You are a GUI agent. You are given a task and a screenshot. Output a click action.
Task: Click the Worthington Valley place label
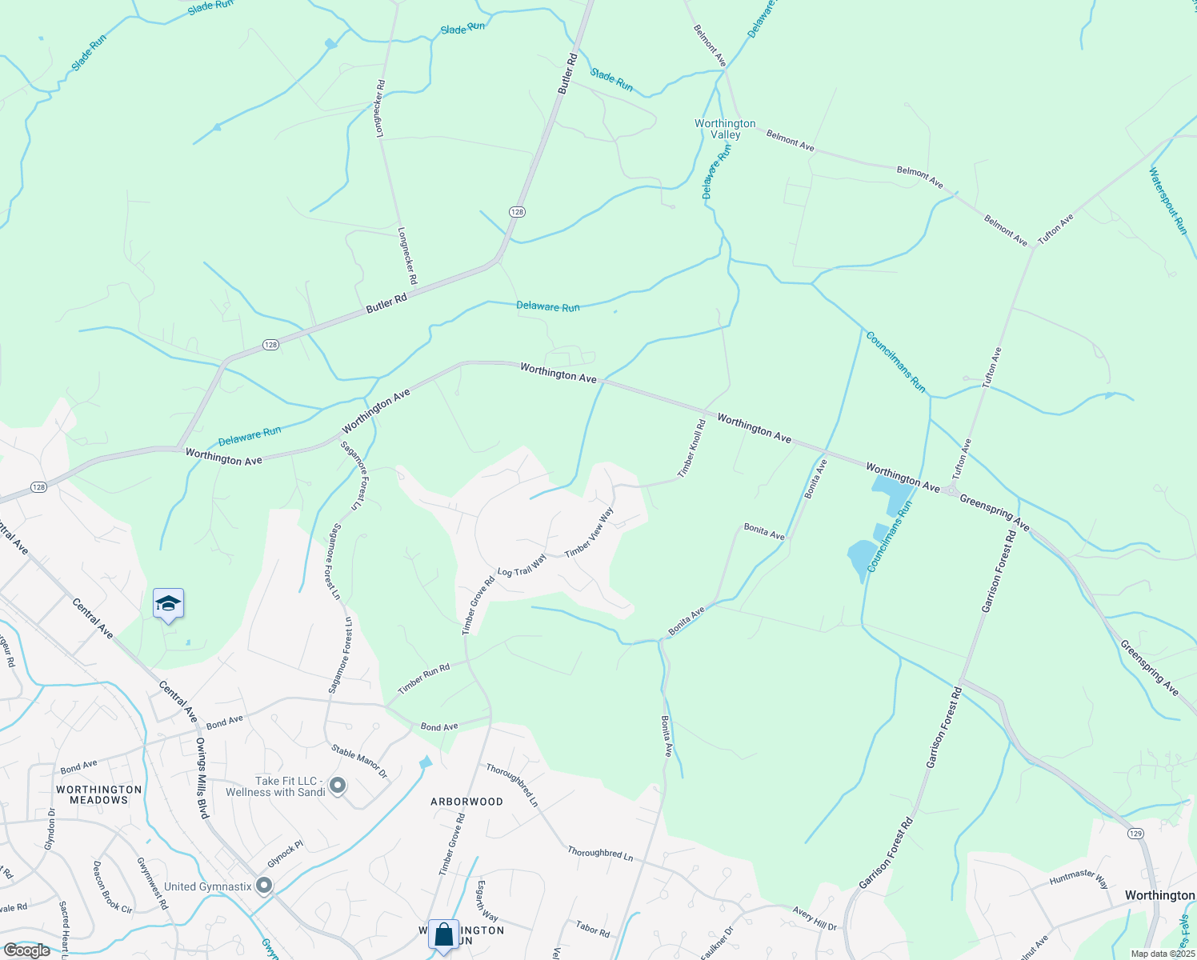point(725,129)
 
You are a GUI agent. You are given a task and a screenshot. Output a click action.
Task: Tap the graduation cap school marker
point(168,604)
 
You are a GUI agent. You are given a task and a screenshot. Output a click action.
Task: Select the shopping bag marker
point(443,934)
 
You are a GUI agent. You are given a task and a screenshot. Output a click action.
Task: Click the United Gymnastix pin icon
point(264,886)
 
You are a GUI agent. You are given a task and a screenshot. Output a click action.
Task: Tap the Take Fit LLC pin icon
point(338,786)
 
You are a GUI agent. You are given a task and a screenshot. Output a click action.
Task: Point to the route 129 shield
point(1135,834)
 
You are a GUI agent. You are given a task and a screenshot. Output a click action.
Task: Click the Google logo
point(26,950)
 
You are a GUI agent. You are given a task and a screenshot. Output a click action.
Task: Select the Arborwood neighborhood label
point(467,802)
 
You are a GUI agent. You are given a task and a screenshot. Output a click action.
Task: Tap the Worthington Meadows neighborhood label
point(99,794)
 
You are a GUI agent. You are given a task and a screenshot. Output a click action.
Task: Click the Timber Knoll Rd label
point(691,449)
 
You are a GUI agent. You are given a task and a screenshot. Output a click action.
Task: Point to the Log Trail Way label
point(522,566)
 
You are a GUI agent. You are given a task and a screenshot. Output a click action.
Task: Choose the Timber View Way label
point(589,533)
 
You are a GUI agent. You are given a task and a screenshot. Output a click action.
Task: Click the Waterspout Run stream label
point(1168,200)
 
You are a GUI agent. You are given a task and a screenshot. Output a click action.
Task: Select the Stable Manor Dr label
point(359,762)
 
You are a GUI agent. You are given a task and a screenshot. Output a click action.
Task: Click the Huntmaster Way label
point(1079,879)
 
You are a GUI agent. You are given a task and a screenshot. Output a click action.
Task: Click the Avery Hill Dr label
point(815,918)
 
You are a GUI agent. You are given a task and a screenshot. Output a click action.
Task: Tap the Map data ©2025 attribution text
point(1162,954)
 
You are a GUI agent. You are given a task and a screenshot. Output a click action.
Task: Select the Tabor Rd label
point(593,929)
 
